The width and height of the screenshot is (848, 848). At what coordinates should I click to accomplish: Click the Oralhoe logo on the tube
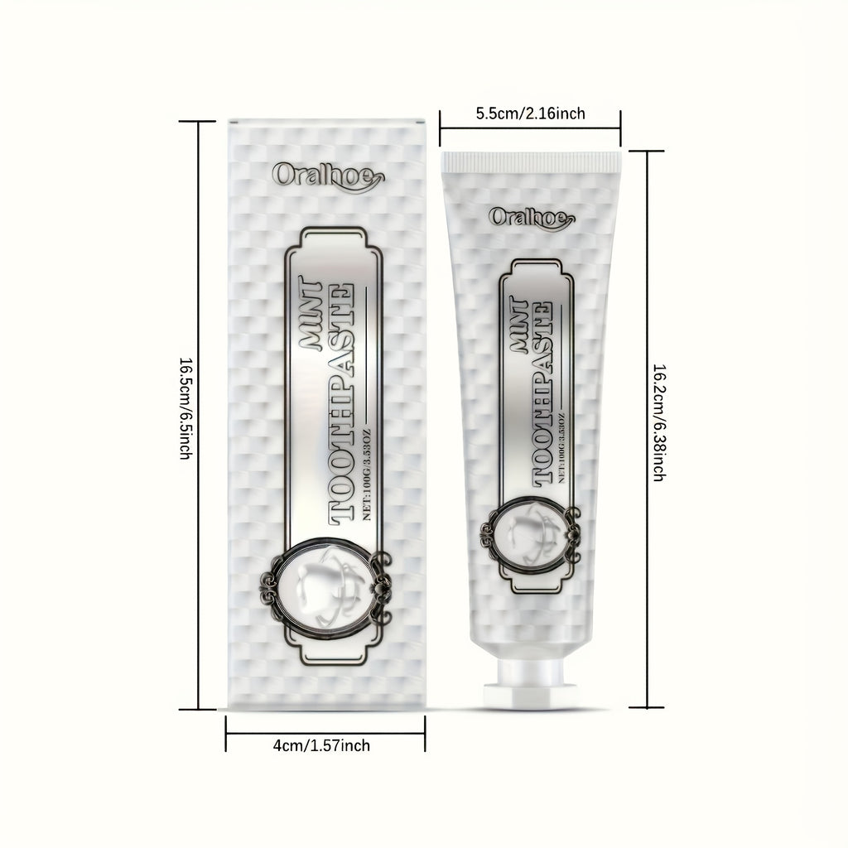tap(532, 218)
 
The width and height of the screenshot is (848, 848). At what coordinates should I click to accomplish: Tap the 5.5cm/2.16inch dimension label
tap(531, 113)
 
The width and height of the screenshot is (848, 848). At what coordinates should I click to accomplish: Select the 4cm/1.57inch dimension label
tap(322, 746)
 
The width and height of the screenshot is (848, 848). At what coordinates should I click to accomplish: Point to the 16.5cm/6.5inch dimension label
tap(185, 408)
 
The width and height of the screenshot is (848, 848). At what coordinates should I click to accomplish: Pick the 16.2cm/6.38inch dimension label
tap(659, 423)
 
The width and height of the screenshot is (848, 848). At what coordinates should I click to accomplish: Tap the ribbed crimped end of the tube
tap(531, 161)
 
